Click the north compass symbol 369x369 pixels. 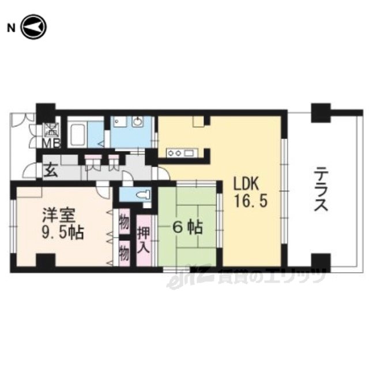(x=34, y=27)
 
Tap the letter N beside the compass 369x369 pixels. (x=11, y=28)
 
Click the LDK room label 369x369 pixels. (x=246, y=184)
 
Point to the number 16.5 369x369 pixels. (x=251, y=202)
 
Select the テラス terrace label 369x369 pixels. (x=321, y=190)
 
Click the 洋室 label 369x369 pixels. (x=58, y=215)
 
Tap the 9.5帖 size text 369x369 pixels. (x=62, y=233)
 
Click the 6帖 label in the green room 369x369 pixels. (x=187, y=228)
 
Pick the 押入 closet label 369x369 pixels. (x=144, y=240)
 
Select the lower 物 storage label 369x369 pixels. (x=125, y=254)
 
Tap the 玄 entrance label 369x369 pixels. (x=51, y=171)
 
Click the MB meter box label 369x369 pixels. (x=51, y=143)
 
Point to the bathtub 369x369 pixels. (x=78, y=135)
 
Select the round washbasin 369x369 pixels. (x=137, y=122)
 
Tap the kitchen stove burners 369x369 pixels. (x=174, y=153)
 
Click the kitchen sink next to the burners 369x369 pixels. (x=189, y=153)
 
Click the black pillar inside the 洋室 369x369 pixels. (x=46, y=260)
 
